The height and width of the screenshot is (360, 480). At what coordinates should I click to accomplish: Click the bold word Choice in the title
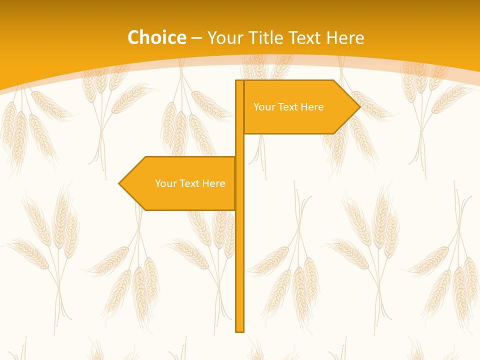click(x=156, y=37)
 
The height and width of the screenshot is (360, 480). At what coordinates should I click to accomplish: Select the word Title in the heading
click(x=268, y=37)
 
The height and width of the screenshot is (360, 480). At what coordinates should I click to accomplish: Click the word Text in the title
click(x=307, y=37)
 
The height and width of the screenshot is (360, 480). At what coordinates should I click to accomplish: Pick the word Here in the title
click(x=346, y=37)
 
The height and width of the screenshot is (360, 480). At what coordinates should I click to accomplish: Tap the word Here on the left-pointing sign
click(x=213, y=183)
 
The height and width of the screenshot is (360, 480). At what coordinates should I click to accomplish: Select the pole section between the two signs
click(x=239, y=145)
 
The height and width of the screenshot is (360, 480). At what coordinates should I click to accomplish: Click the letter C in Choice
click(x=133, y=37)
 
